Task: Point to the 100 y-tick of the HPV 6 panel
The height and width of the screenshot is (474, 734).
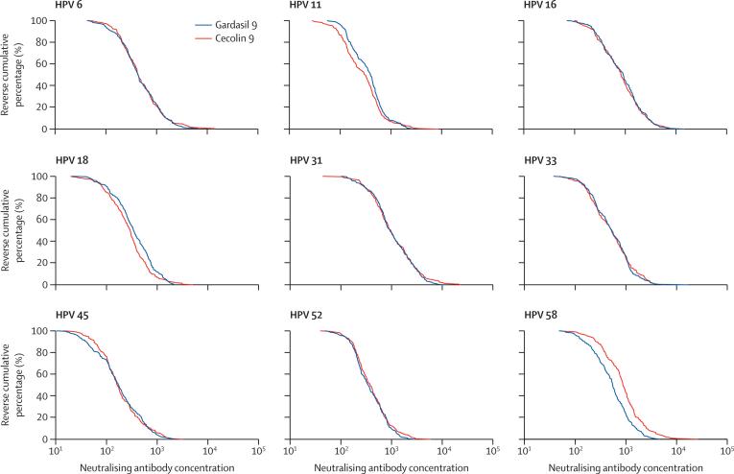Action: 39,20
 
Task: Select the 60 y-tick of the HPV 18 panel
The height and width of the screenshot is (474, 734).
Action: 42,220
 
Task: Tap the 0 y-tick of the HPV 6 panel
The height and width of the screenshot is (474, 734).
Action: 45,129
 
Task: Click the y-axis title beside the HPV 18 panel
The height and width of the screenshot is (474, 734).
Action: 12,230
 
